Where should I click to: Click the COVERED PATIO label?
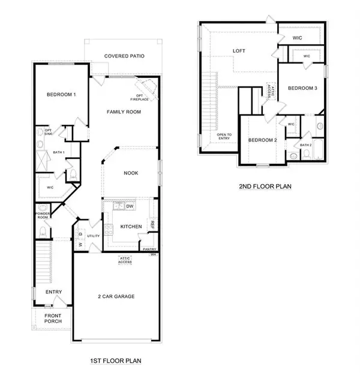pyautogui.click(x=123, y=56)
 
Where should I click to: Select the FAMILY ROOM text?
pyautogui.click(x=124, y=112)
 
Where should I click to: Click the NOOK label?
pyautogui.click(x=131, y=173)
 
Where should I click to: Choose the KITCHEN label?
pyautogui.click(x=131, y=227)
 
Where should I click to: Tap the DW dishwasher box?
pyautogui.click(x=129, y=207)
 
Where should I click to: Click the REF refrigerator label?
pyautogui.click(x=152, y=224)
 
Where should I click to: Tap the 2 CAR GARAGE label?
pyautogui.click(x=116, y=296)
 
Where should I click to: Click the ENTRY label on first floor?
pyautogui.click(x=54, y=292)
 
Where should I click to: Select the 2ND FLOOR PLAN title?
pyautogui.click(x=264, y=186)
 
